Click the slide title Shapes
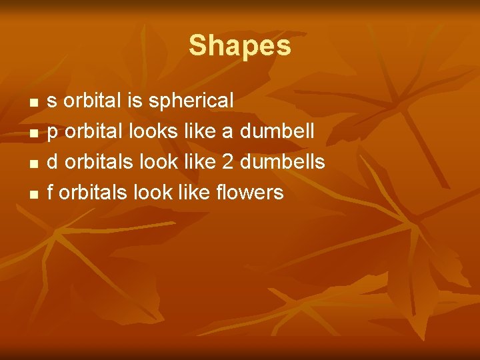point(240,46)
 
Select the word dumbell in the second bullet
point(277,131)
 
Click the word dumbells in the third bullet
point(287,162)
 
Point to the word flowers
point(250,193)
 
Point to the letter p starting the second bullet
point(52,133)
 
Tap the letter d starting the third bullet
point(52,162)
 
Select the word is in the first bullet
point(135,101)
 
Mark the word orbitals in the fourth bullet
point(93,193)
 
